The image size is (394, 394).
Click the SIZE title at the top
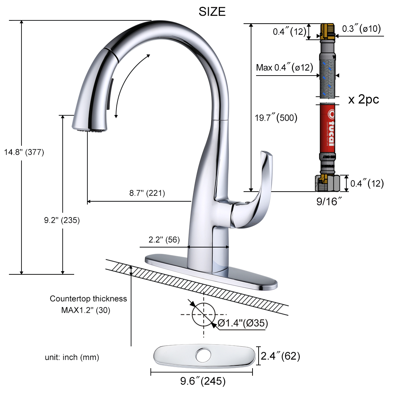pos(212,12)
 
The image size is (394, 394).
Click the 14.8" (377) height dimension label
pos(24,152)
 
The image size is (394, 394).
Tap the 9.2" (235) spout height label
pos(62,220)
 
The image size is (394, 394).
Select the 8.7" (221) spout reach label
pos(147,193)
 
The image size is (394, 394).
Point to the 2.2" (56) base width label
pos(164,239)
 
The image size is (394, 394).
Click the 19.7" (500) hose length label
pos(276,117)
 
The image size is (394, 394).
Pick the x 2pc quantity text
pos(363,99)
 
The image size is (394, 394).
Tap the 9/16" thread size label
pos(329,201)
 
